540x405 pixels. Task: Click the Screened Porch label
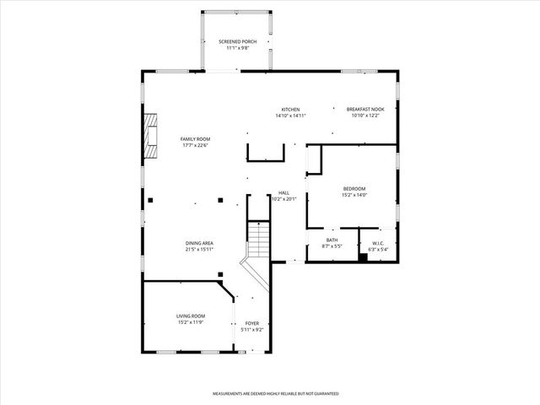coord(237,41)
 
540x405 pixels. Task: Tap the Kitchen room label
coord(291,109)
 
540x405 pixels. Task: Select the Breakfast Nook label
coord(365,109)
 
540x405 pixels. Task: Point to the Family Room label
coord(195,138)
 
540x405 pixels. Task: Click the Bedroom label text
coord(354,188)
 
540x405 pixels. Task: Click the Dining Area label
coord(199,243)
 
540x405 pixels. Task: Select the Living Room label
coord(190,316)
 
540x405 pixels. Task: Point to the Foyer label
coord(251,323)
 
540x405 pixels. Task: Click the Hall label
coord(283,193)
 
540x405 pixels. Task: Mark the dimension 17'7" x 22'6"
coord(195,145)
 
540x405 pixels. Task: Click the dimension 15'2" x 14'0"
coord(354,195)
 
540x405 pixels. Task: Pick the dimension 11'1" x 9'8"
coord(237,48)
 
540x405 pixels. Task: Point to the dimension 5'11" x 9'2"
coord(251,330)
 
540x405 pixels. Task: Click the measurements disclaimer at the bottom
coord(275,393)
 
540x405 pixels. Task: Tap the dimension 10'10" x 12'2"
coord(365,116)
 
